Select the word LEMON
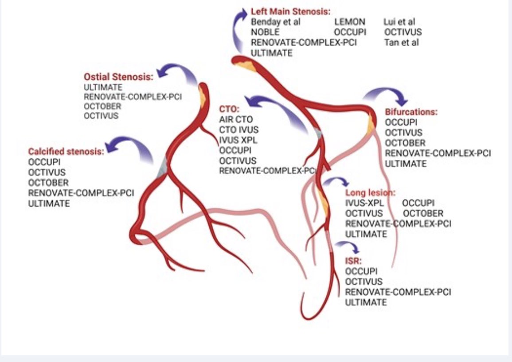350,22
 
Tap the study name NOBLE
265,32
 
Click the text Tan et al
402,43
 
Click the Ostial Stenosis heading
118,77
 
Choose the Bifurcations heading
411,112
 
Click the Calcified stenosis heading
66,151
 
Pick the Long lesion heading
370,193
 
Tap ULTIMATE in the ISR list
366,302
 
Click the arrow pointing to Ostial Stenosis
176,72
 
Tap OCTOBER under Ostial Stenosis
102,106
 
